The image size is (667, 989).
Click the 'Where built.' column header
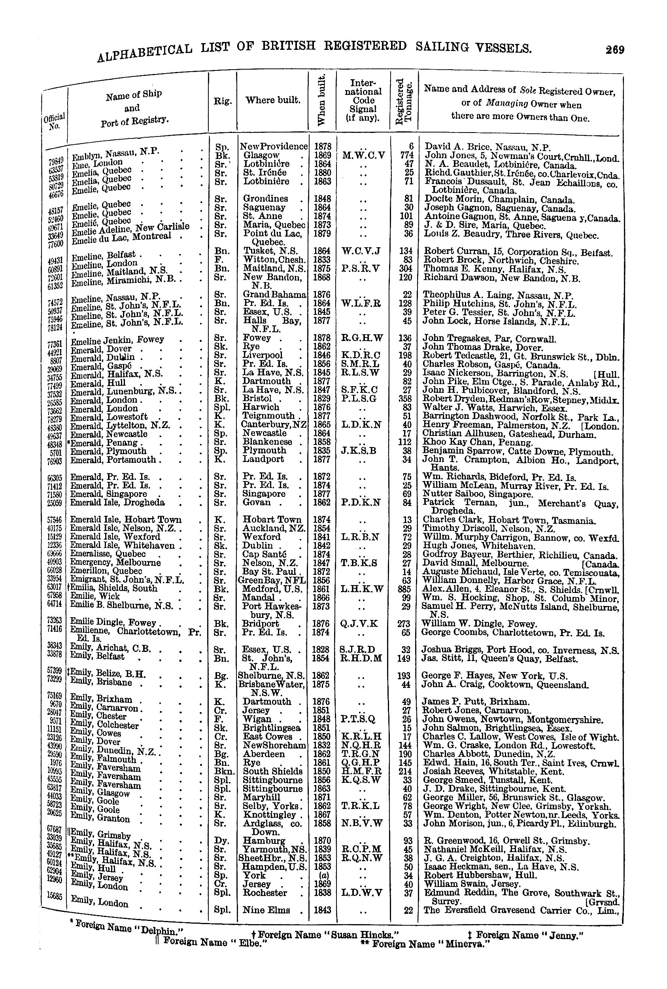point(273,100)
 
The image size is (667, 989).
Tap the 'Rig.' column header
point(223,101)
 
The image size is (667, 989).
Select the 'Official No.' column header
point(54,121)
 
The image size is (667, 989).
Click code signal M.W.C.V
point(363,155)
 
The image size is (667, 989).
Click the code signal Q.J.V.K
point(359,624)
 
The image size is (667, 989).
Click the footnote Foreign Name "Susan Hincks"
point(325,934)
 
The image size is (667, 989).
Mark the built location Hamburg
point(264,841)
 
